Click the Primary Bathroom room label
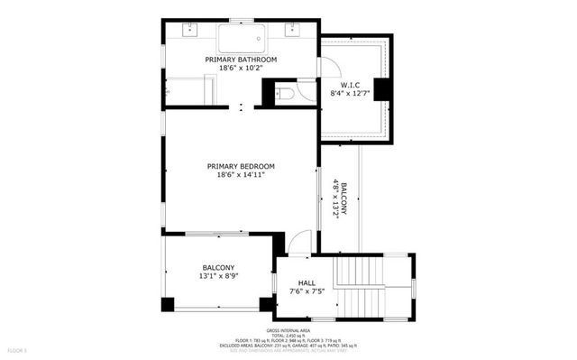pyautogui.click(x=241, y=60)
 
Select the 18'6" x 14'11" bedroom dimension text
pyautogui.click(x=241, y=176)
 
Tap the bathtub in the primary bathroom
pyautogui.click(x=241, y=38)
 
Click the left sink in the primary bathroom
pyautogui.click(x=190, y=30)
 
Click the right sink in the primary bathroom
pyautogui.click(x=293, y=30)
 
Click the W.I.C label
pyautogui.click(x=351, y=85)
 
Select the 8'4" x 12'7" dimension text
pyautogui.click(x=351, y=94)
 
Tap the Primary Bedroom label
pyautogui.click(x=241, y=166)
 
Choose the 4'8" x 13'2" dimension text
pyautogui.click(x=334, y=198)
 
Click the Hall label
pyautogui.click(x=307, y=283)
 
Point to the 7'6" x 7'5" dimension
pyautogui.click(x=307, y=292)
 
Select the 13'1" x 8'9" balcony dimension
pyautogui.click(x=218, y=278)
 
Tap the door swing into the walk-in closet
pyautogui.click(x=330, y=67)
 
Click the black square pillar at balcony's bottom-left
pyautogui.click(x=168, y=304)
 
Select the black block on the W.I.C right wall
pyautogui.click(x=381, y=89)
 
